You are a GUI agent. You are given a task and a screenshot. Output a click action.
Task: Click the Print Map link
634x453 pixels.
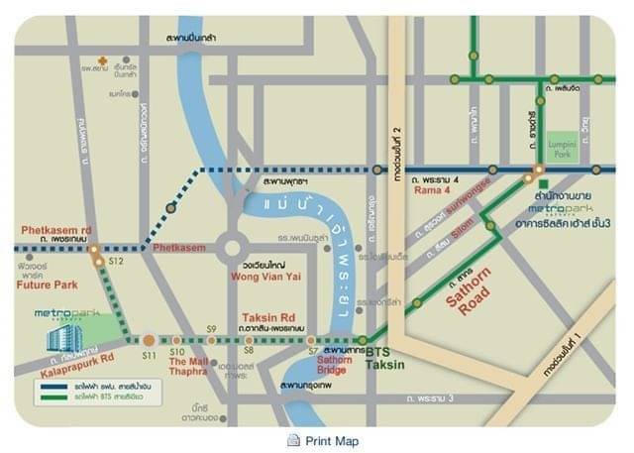coord(332,441)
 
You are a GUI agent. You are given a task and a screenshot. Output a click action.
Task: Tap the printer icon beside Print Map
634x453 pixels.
coord(293,441)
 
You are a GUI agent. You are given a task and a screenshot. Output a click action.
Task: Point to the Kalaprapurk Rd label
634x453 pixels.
coord(77,355)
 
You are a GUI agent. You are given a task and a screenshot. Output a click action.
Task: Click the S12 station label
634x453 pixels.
coord(116,262)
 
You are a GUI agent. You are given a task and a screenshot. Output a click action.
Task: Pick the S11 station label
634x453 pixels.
coord(150,353)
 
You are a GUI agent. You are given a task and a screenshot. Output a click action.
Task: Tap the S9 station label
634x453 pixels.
coord(211,328)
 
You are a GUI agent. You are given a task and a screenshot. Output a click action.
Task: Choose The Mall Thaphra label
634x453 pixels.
coord(189,367)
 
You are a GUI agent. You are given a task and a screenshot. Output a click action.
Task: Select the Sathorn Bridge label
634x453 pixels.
coord(334,365)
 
